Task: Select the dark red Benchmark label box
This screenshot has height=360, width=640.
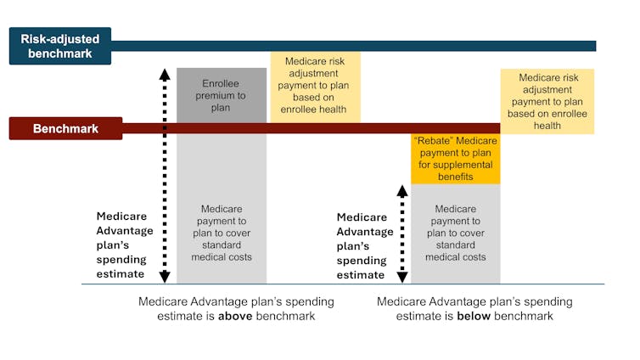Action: click(x=65, y=129)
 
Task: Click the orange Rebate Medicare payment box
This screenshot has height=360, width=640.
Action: click(x=455, y=159)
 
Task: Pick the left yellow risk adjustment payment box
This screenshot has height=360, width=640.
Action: click(x=315, y=86)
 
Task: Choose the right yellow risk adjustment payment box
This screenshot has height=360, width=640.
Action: click(x=547, y=101)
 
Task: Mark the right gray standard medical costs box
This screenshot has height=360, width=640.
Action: click(x=455, y=233)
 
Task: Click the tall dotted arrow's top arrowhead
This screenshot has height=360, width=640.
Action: click(x=165, y=74)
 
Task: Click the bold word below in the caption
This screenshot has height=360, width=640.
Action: click(x=472, y=317)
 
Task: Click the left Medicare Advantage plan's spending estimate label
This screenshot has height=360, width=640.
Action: click(x=124, y=245)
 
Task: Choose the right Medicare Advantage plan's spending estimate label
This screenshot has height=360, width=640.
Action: click(x=364, y=245)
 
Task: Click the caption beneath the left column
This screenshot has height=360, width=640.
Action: click(x=236, y=309)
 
